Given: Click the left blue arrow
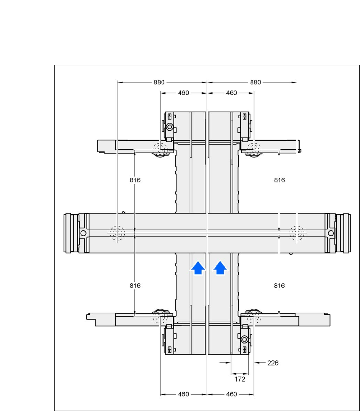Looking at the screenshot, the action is point(198,268).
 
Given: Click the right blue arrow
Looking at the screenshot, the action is point(220,268).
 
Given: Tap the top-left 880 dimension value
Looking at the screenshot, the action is point(159,82).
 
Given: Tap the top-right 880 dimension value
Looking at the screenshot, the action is point(255,82).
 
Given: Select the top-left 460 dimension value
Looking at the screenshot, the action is point(183,93).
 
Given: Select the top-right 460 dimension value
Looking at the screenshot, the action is point(231,93).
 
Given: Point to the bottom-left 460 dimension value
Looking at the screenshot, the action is point(183,394).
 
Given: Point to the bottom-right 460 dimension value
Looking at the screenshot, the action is point(231,394).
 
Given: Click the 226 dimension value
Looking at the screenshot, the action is point(273,363).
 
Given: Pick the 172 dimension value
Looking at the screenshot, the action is point(240,379).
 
